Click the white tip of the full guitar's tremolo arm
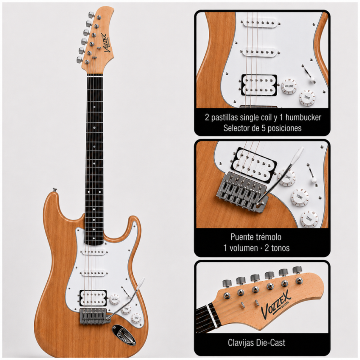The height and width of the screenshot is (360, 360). coord(141,282)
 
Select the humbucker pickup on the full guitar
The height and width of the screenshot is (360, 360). coord(93,298)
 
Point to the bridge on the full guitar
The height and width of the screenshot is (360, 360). coord(94,316)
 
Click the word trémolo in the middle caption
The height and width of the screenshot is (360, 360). coord(268,237)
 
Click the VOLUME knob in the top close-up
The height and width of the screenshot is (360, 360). coord(289,86)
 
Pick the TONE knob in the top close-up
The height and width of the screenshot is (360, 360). coord(307,97)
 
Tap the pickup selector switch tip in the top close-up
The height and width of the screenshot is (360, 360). coord(312,80)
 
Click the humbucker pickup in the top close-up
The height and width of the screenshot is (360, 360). coord(259,85)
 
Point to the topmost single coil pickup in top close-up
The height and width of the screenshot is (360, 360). coord(260,22)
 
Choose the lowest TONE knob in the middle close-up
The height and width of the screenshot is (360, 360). coord(309,219)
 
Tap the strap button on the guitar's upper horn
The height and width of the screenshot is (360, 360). coord(54,189)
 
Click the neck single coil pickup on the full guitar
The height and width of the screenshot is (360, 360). coord(94,252)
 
